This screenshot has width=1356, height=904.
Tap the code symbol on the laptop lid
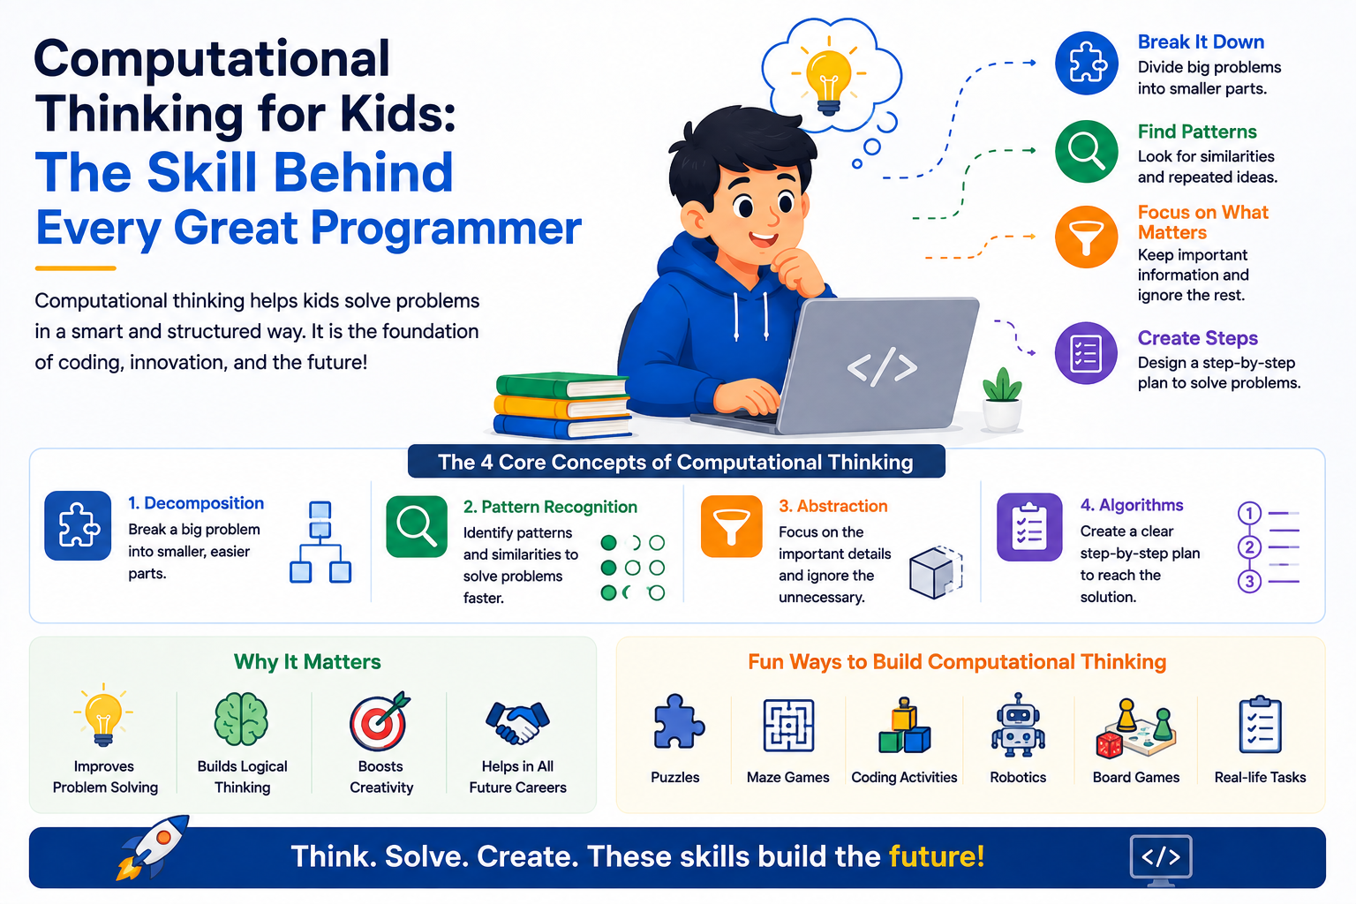(882, 367)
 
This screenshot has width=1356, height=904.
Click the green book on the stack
(561, 386)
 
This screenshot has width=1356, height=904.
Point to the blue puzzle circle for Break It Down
(1086, 64)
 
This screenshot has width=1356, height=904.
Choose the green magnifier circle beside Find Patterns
(1086, 151)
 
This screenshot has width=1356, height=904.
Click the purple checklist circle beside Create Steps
(1086, 353)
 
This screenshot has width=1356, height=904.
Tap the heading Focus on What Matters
(1202, 222)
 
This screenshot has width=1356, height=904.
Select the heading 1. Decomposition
(195, 503)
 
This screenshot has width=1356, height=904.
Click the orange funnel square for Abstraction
(731, 526)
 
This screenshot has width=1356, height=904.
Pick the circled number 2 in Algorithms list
(1249, 547)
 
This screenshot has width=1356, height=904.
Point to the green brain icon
(241, 719)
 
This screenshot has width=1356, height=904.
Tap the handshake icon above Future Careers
(517, 722)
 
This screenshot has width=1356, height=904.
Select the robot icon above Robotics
(1018, 725)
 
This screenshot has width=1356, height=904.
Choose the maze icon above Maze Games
(788, 726)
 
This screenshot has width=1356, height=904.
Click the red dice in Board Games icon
(1109, 745)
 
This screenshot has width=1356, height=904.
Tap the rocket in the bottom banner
(152, 847)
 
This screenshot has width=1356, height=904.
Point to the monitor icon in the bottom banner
(1161, 859)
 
